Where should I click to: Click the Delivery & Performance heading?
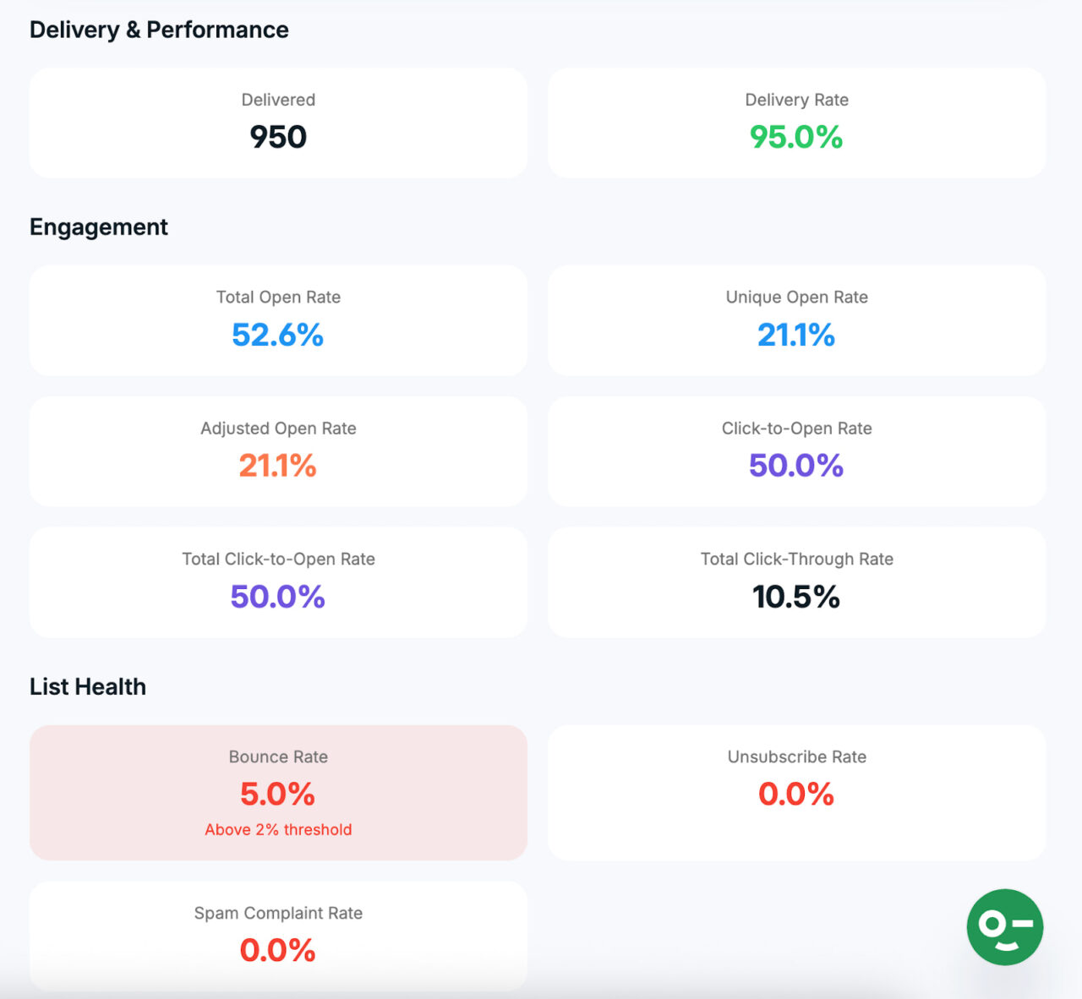click(x=159, y=30)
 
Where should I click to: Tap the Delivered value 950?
click(x=278, y=137)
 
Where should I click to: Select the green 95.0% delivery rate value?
click(x=796, y=137)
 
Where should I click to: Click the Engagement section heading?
click(x=99, y=227)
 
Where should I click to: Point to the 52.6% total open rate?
click(x=278, y=335)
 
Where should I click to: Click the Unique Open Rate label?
click(x=796, y=297)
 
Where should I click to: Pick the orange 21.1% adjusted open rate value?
click(x=278, y=466)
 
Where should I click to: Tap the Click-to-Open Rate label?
click(x=796, y=428)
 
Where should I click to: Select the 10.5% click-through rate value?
click(x=796, y=597)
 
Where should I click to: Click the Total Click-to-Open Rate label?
click(x=278, y=559)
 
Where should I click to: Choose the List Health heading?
click(x=88, y=686)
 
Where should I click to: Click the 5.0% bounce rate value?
click(x=278, y=794)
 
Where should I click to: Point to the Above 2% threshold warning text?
click(x=278, y=829)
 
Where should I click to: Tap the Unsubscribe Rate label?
click(x=796, y=756)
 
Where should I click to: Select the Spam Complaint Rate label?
click(x=278, y=913)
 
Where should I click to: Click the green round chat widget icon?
click(x=1004, y=926)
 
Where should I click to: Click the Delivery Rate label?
click(x=796, y=100)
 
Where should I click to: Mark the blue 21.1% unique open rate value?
click(x=796, y=335)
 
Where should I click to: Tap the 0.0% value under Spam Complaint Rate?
click(x=278, y=950)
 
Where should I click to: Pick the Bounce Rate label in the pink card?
click(x=278, y=756)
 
